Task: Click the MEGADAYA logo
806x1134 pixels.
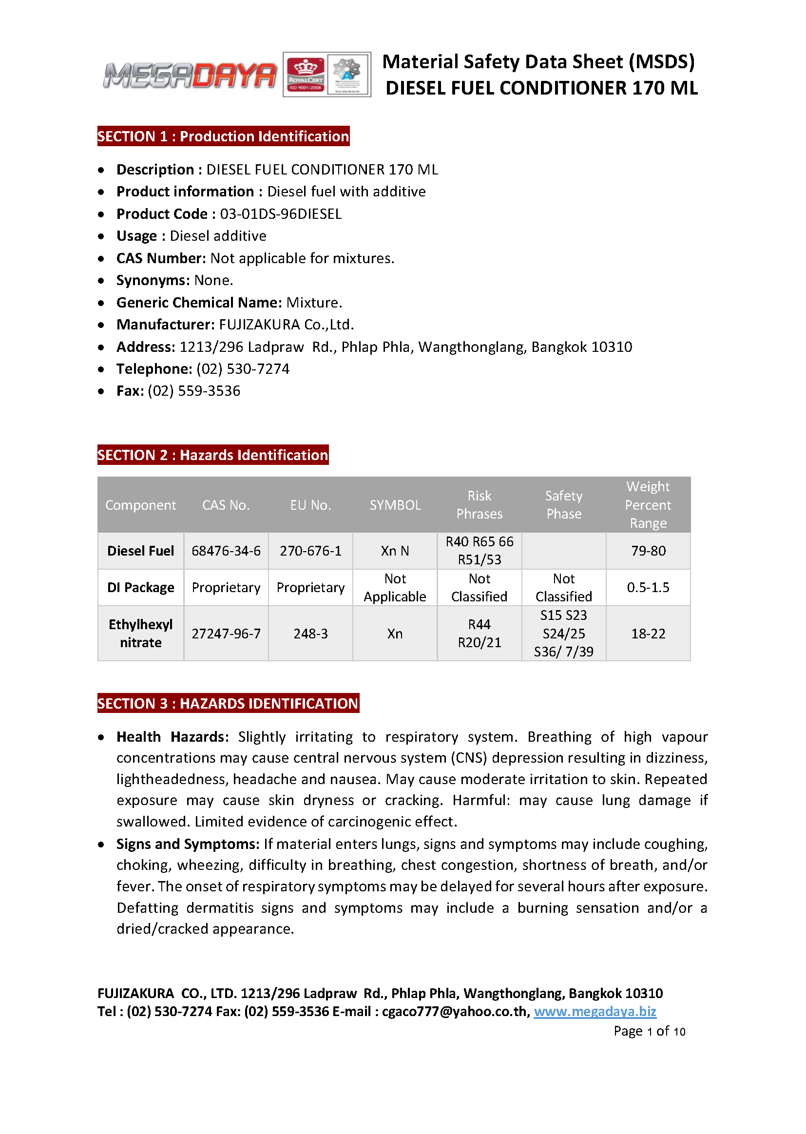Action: click(190, 76)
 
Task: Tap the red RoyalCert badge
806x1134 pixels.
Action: click(306, 75)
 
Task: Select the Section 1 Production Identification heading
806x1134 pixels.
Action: click(223, 136)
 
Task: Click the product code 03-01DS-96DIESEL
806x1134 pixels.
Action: click(281, 214)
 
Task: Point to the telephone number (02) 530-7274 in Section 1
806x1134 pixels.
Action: click(243, 369)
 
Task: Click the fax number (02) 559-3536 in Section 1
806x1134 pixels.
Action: click(194, 391)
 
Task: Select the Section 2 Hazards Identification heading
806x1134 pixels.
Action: click(213, 455)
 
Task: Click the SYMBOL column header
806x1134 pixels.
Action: click(395, 505)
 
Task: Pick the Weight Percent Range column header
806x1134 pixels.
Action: click(648, 505)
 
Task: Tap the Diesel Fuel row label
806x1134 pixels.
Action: click(140, 551)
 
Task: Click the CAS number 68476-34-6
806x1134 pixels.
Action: click(226, 551)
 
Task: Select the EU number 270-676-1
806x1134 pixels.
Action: click(311, 551)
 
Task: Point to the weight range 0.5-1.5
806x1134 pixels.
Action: click(648, 588)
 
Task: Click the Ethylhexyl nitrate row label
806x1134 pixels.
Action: click(140, 633)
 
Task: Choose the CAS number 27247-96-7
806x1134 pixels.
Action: click(226, 634)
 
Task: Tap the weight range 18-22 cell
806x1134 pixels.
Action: click(648, 634)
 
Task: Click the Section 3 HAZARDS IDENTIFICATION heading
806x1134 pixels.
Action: click(228, 704)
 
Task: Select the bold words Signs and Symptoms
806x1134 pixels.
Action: click(188, 844)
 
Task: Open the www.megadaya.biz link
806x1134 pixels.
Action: click(595, 1011)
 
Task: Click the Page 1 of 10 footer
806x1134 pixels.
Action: click(649, 1031)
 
